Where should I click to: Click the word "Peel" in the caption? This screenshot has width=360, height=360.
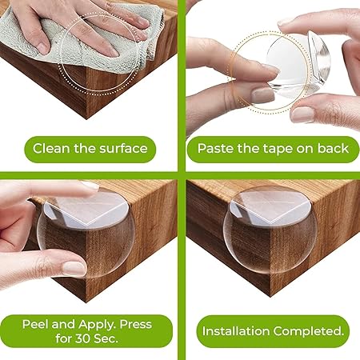pyautogui.click(x=35, y=324)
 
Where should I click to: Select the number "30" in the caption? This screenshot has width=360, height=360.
pyautogui.click(x=83, y=338)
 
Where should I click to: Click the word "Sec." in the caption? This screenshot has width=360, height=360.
pyautogui.click(x=106, y=338)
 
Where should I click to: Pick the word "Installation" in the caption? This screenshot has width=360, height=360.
pyautogui.click(x=236, y=331)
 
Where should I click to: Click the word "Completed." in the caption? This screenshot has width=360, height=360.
pyautogui.click(x=309, y=331)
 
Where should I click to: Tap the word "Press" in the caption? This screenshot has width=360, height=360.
pyautogui.click(x=136, y=324)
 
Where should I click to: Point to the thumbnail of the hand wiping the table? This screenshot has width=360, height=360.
pyautogui.click(x=42, y=48)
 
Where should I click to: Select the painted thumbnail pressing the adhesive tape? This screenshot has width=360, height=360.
pyautogui.click(x=263, y=95)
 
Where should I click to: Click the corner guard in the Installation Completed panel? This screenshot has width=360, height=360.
pyautogui.click(x=270, y=230)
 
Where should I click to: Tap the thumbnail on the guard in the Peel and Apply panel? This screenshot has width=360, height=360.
pyautogui.click(x=74, y=268)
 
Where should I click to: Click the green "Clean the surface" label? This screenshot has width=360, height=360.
pyautogui.click(x=90, y=150)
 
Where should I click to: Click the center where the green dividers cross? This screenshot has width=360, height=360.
pyautogui.click(x=182, y=175)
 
